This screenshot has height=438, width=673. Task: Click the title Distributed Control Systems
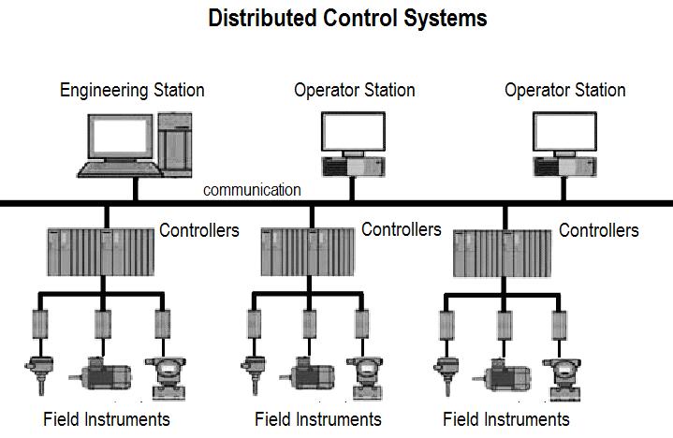click(347, 19)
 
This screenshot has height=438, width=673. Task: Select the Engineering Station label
click(132, 91)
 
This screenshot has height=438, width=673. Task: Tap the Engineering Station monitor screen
click(120, 137)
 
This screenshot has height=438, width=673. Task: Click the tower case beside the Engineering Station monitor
click(175, 144)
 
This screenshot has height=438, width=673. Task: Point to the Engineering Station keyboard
click(120, 169)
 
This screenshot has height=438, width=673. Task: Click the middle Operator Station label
click(355, 91)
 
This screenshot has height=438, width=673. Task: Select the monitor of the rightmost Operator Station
click(564, 131)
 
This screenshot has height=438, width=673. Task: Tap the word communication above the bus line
click(252, 190)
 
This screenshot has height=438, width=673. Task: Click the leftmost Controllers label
click(199, 230)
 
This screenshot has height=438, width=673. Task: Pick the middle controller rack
click(308, 252)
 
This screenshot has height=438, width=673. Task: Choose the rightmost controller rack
click(502, 254)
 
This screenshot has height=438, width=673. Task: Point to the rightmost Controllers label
click(599, 230)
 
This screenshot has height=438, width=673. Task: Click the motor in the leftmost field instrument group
click(100, 373)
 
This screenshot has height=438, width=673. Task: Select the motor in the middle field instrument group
click(307, 373)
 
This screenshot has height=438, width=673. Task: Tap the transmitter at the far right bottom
click(562, 380)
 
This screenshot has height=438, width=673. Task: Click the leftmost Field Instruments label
click(107, 419)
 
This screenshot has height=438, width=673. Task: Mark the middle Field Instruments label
click(318, 419)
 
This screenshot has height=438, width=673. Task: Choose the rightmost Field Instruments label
click(506, 419)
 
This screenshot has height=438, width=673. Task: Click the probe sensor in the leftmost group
click(39, 375)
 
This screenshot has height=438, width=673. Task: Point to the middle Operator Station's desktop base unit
click(353, 167)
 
